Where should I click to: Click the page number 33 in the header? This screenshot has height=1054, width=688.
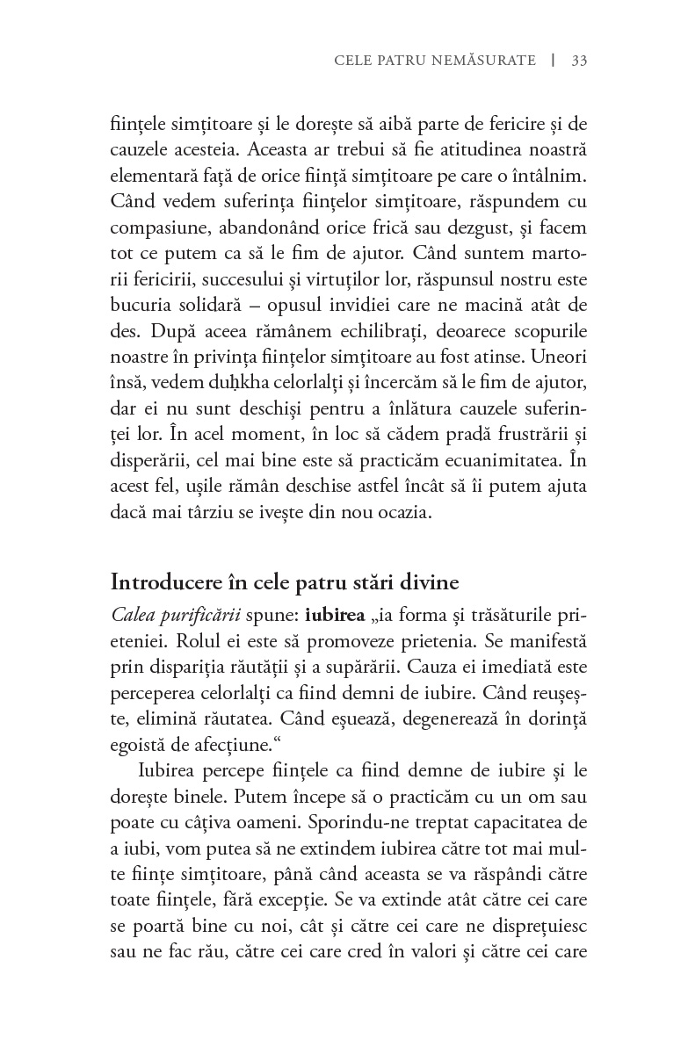(x=579, y=61)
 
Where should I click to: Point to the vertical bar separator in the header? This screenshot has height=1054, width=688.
(x=553, y=61)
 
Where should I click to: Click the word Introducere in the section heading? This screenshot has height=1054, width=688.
(x=163, y=582)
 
